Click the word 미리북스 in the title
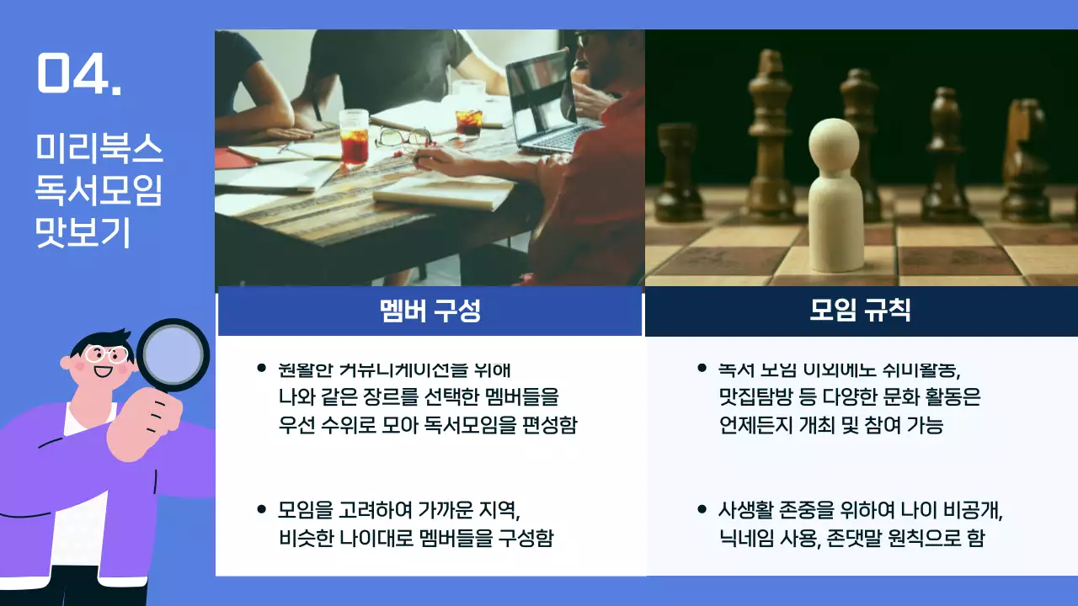click(x=99, y=149)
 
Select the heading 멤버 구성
click(x=430, y=311)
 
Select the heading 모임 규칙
click(x=860, y=311)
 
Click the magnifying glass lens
click(x=172, y=354)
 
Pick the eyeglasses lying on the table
click(x=403, y=136)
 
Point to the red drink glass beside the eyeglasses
click(x=354, y=139)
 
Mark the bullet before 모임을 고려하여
click(x=261, y=509)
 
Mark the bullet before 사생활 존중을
click(x=702, y=509)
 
